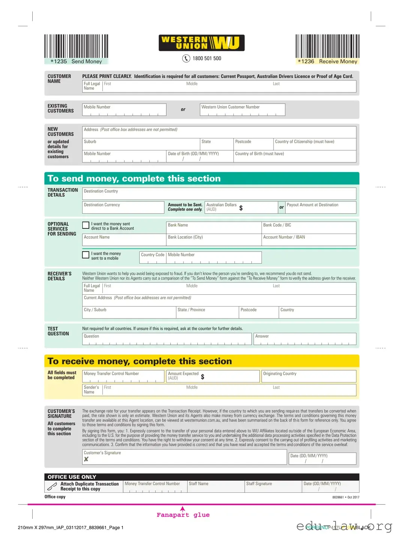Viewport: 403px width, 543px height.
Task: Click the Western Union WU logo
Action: (201, 43)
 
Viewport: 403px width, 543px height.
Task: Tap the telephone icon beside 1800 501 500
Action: (186, 58)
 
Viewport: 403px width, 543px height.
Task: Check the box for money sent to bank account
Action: (86, 225)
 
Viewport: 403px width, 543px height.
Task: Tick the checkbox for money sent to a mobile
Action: (86, 255)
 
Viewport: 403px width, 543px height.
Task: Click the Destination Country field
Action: (219, 194)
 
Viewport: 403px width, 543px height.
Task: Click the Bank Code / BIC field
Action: (308, 228)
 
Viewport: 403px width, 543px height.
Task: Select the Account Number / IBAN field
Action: (308, 240)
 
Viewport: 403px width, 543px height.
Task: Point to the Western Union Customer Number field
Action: (242, 109)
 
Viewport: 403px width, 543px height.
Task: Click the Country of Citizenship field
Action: (314, 144)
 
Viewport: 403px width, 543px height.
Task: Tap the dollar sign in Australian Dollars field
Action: (241, 208)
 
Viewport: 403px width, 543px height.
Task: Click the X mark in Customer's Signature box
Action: (86, 459)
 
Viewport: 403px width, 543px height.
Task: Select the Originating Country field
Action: (308, 376)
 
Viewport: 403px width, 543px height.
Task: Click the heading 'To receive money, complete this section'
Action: (140, 361)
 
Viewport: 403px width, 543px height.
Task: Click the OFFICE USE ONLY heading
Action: (72, 477)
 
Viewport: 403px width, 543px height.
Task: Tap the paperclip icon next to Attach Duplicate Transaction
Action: (51, 487)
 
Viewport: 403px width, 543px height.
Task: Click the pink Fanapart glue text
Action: (183, 515)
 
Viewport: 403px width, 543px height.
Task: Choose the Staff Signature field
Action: (273, 487)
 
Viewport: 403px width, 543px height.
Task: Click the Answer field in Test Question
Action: (305, 339)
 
